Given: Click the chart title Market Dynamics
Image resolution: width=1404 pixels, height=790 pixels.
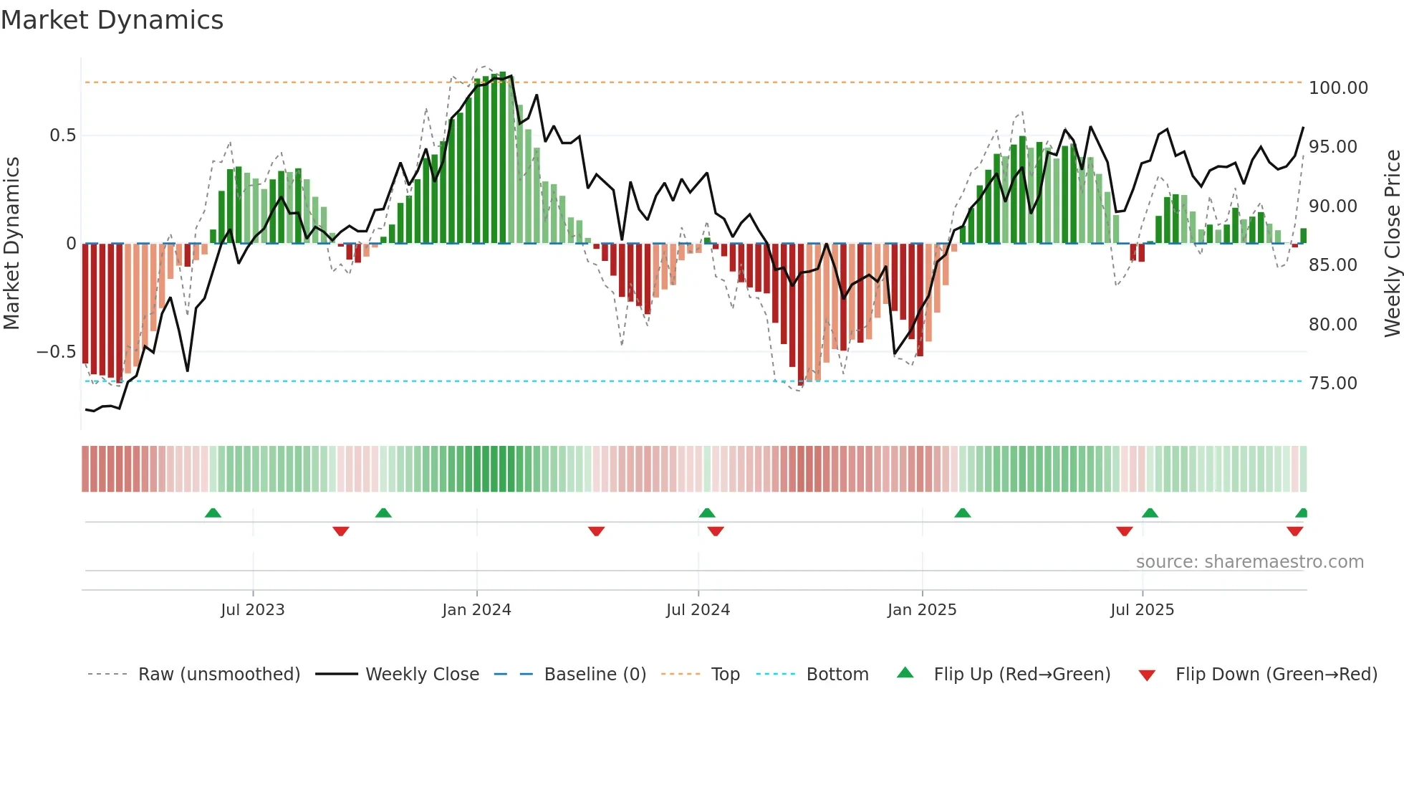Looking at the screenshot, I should pyautogui.click(x=112, y=20).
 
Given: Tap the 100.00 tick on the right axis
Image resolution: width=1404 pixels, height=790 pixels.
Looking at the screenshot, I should pyautogui.click(x=1337, y=88).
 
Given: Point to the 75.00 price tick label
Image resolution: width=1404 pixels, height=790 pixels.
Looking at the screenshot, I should pyautogui.click(x=1332, y=384).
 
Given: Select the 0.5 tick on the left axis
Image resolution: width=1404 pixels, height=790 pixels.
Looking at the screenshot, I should pyautogui.click(x=62, y=135).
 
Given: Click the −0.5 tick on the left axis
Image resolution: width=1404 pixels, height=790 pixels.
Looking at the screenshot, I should pyautogui.click(x=56, y=352).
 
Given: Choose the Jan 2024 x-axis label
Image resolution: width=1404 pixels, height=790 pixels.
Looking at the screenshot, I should pyautogui.click(x=476, y=610).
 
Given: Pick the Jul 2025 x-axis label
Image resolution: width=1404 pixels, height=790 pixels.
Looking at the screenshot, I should pyautogui.click(x=1142, y=610).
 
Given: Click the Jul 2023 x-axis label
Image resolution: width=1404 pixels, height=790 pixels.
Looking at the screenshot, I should pyautogui.click(x=252, y=610).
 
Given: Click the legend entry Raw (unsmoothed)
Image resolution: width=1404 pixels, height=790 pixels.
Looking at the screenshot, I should pyautogui.click(x=218, y=675).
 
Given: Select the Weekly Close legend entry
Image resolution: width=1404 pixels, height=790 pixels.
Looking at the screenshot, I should pyautogui.click(x=422, y=675).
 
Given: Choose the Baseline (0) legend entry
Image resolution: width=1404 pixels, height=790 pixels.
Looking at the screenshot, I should pyautogui.click(x=595, y=675).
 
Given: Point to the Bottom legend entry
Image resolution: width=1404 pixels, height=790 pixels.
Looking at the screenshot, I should pyautogui.click(x=837, y=675).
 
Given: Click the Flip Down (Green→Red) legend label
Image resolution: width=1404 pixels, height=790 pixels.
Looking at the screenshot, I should pyautogui.click(x=1276, y=675).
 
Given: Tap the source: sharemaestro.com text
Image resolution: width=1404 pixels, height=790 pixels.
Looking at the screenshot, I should pyautogui.click(x=1249, y=562).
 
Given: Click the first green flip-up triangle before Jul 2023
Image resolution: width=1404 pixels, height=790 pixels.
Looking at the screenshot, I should pyautogui.click(x=213, y=513).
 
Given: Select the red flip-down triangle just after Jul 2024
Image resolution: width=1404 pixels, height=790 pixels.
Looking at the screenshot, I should pyautogui.click(x=716, y=531).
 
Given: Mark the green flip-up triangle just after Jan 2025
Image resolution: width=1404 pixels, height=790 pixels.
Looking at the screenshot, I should pyautogui.click(x=962, y=513).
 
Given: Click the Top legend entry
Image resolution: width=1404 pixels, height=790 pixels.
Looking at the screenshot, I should pyautogui.click(x=725, y=675).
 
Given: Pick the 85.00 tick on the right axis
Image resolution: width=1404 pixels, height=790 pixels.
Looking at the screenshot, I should pyautogui.click(x=1332, y=265).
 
